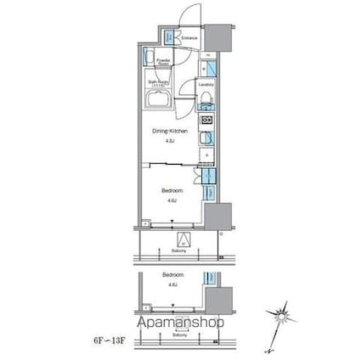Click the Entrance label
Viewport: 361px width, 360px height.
[189, 38]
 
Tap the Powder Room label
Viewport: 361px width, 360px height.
[161, 62]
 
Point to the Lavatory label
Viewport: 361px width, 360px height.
[205, 86]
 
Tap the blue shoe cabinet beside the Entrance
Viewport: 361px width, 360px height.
[169, 37]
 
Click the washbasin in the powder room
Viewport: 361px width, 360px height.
[149, 60]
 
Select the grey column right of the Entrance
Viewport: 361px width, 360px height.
[218, 37]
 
